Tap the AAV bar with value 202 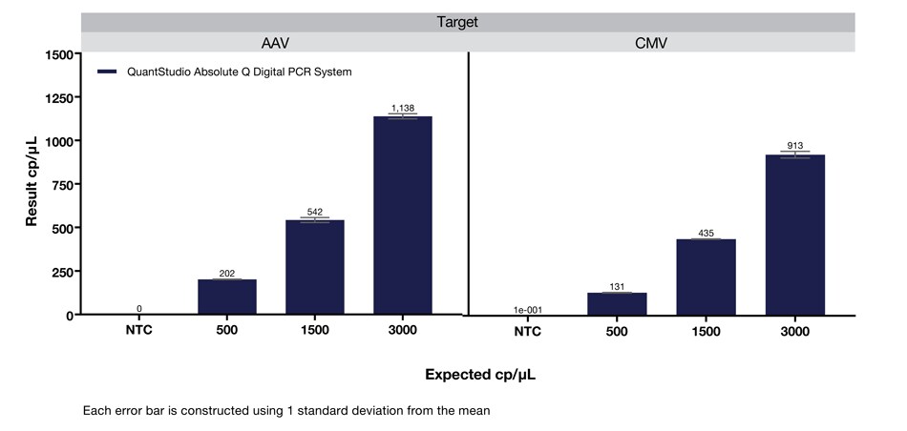click(x=227, y=297)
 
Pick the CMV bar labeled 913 click(x=794, y=235)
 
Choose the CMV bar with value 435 click(x=706, y=277)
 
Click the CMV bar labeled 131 click(x=617, y=303)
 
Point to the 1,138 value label click(x=402, y=109)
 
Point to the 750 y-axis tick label click(x=59, y=184)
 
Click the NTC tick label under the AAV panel click(x=139, y=331)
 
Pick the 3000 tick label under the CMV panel click(x=794, y=331)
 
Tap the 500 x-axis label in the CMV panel click(x=617, y=331)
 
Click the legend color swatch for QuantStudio click(x=106, y=72)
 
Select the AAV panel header click(x=275, y=43)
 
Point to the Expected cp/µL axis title click(x=480, y=375)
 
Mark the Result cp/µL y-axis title click(x=32, y=181)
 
